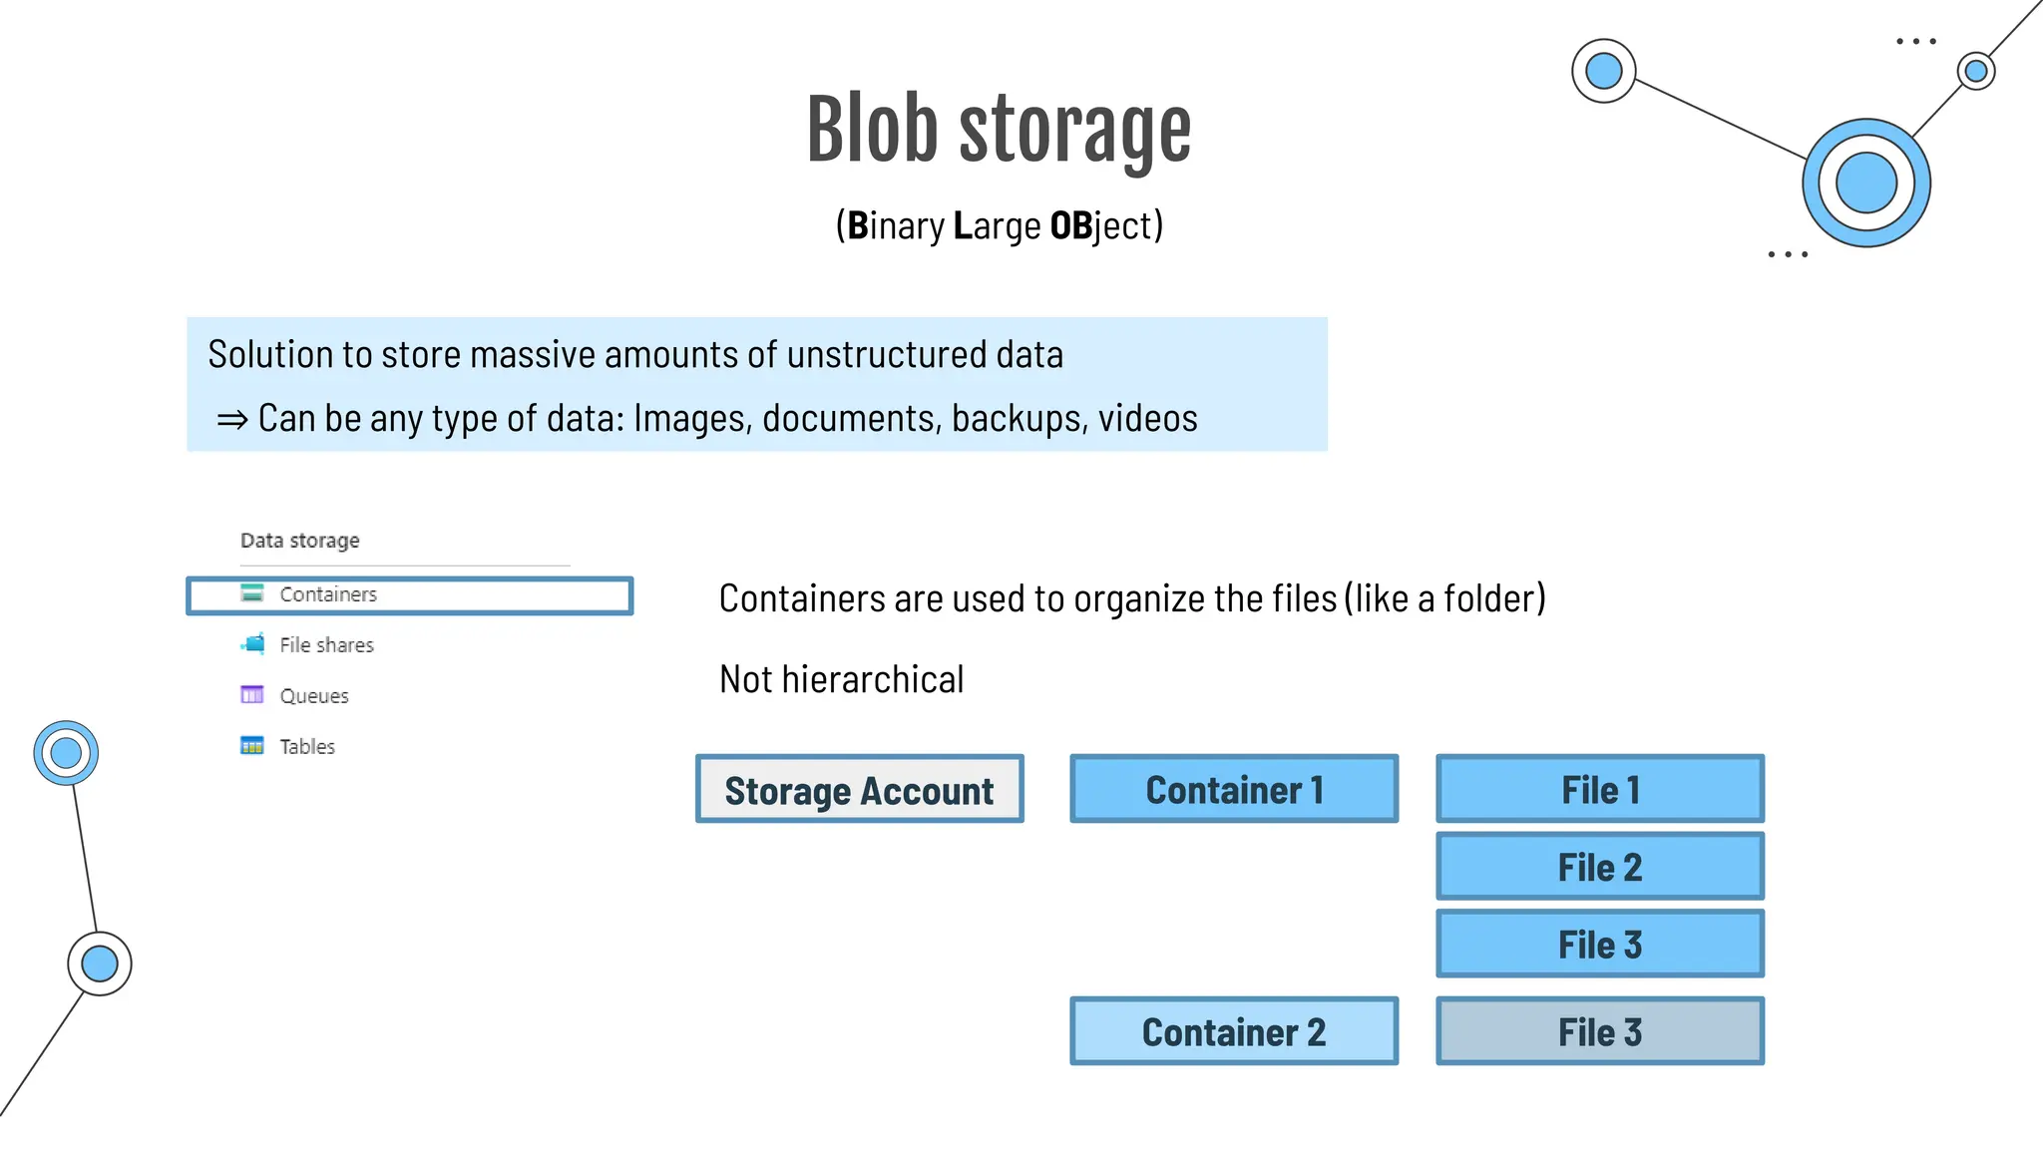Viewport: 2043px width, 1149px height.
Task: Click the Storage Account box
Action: (x=859, y=789)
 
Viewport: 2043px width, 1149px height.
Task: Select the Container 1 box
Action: (x=1234, y=789)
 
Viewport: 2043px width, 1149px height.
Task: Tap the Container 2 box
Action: (x=1234, y=1031)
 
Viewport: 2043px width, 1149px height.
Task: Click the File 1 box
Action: (x=1600, y=789)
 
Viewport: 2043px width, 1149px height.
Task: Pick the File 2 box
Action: (x=1600, y=867)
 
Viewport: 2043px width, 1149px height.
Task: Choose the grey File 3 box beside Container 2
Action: (x=1600, y=1031)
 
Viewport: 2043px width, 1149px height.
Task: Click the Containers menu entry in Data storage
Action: (x=328, y=594)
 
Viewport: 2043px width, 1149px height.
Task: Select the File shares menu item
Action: (x=326, y=645)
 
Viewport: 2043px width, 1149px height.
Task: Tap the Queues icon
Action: (x=252, y=695)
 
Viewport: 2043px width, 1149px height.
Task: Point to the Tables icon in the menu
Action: (x=252, y=746)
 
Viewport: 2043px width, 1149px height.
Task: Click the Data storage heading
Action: (x=299, y=541)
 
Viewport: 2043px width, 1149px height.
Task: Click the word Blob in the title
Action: (x=872, y=130)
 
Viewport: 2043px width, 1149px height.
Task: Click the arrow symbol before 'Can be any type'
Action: (x=231, y=420)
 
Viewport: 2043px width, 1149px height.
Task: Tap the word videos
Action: (x=1147, y=419)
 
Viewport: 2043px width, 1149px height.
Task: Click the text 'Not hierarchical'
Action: (x=841, y=680)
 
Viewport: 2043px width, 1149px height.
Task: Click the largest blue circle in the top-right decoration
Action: (x=1865, y=184)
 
